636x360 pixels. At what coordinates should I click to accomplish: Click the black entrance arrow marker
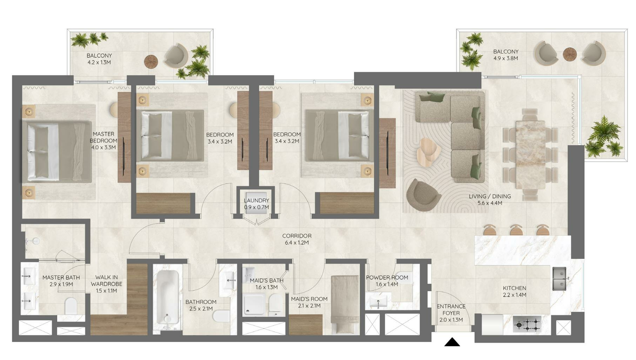pyautogui.click(x=452, y=342)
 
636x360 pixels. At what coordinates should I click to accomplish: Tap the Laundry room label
pyautogui.click(x=256, y=204)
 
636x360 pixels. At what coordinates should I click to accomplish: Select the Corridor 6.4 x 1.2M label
pyautogui.click(x=297, y=239)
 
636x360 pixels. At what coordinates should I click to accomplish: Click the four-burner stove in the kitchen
pyautogui.click(x=527, y=324)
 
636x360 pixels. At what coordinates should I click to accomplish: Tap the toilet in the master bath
pyautogui.click(x=71, y=306)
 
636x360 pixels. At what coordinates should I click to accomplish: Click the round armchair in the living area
pyautogui.click(x=423, y=195)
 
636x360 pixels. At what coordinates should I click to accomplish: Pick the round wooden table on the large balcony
pyautogui.click(x=570, y=54)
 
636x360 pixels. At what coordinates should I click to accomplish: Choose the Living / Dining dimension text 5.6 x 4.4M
pyautogui.click(x=490, y=203)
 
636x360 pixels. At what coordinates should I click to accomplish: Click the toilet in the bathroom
pyautogui.click(x=221, y=315)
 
